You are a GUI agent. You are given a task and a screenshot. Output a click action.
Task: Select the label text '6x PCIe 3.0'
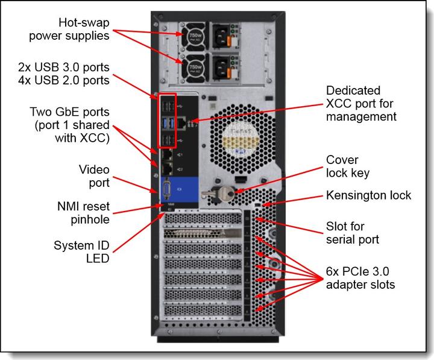click(360, 270)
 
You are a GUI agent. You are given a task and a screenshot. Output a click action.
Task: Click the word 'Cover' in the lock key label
click(342, 160)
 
